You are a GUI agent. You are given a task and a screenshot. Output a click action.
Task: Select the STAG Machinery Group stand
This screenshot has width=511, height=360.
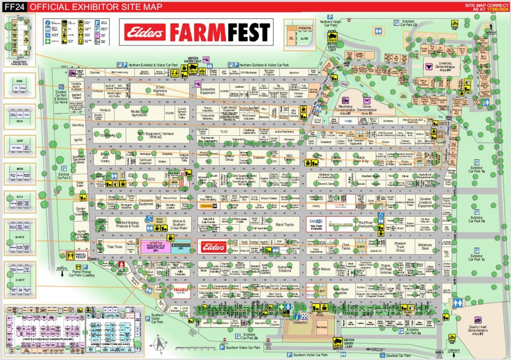pyautogui.click(x=168, y=90)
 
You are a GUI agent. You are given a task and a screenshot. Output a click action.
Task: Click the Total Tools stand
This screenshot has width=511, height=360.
pyautogui.click(x=115, y=247)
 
